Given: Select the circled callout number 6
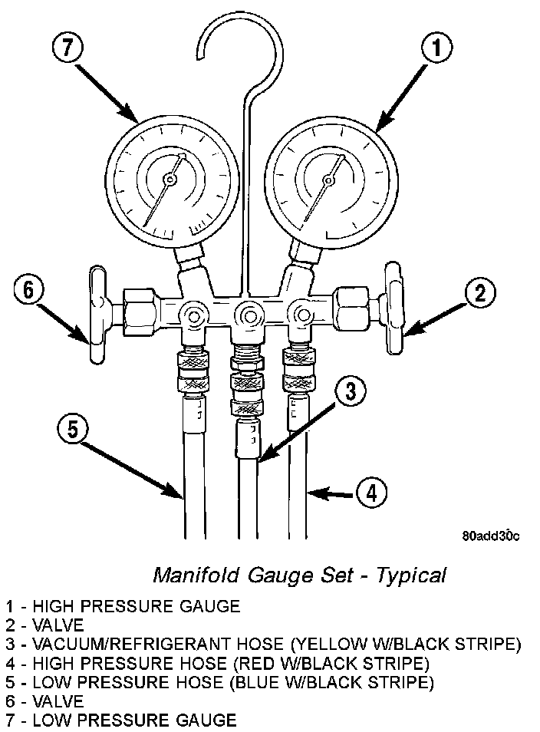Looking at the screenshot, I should [x=29, y=292].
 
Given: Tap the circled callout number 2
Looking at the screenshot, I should [x=480, y=292].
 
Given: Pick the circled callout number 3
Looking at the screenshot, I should [x=349, y=392].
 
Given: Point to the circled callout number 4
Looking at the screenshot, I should [x=371, y=493].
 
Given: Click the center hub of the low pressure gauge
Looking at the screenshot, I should [x=170, y=180].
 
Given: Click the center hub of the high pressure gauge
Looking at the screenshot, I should [x=328, y=180].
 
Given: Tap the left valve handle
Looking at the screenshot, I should [x=96, y=315].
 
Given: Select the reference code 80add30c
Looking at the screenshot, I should [x=490, y=536].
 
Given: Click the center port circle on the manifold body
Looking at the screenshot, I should [x=247, y=313].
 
